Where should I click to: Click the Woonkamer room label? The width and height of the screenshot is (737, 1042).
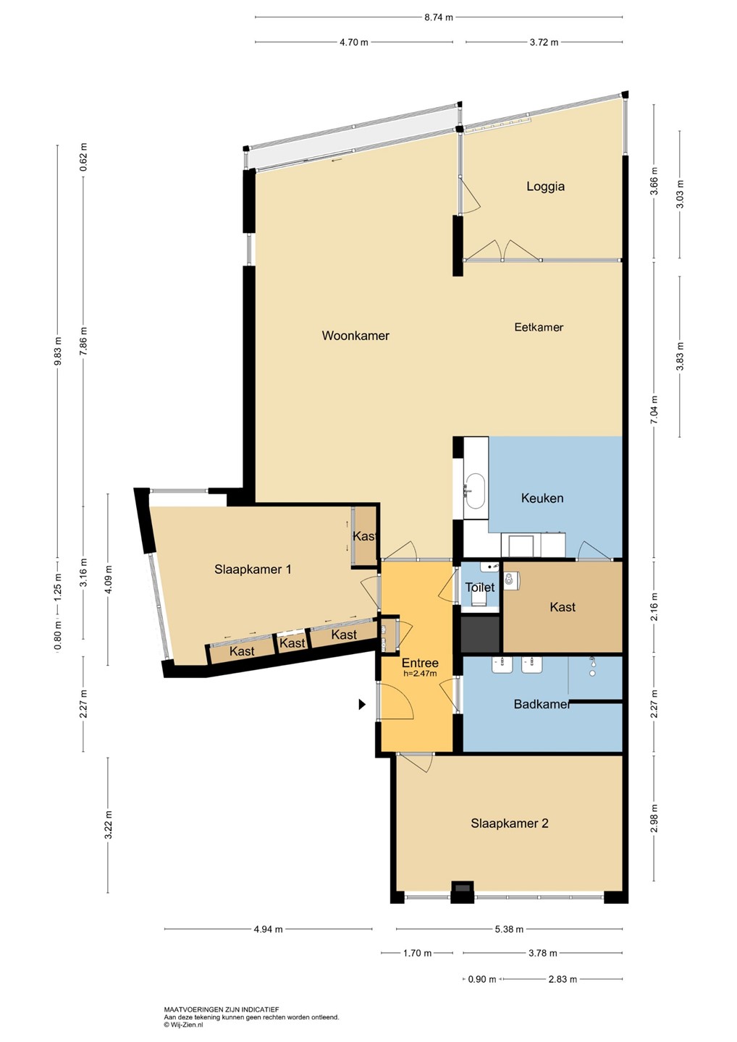pos(355,336)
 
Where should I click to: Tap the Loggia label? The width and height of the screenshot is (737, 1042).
pos(545,187)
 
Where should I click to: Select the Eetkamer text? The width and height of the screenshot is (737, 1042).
pos(539,327)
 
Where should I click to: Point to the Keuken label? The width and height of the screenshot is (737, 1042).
pos(542,498)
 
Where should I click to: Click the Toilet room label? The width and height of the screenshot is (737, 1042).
pos(480,587)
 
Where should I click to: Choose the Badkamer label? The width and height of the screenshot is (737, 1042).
pos(542,704)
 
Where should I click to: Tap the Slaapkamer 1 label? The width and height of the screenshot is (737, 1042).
pos(253,569)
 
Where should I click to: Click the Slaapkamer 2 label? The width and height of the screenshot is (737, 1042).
pos(510,823)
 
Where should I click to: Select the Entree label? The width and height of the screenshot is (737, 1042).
pos(420,663)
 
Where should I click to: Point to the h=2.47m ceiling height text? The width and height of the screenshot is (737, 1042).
pos(420,673)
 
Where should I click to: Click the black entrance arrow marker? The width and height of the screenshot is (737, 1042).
pos(362,705)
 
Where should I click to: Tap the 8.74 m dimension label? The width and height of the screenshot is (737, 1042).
pos(439,17)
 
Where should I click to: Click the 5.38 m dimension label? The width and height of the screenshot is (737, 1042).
pos(509,929)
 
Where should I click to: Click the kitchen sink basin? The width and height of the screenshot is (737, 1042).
pos(475,491)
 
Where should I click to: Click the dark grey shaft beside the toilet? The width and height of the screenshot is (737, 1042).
pos(480,634)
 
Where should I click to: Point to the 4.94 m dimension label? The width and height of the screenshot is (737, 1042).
pos(269,929)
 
